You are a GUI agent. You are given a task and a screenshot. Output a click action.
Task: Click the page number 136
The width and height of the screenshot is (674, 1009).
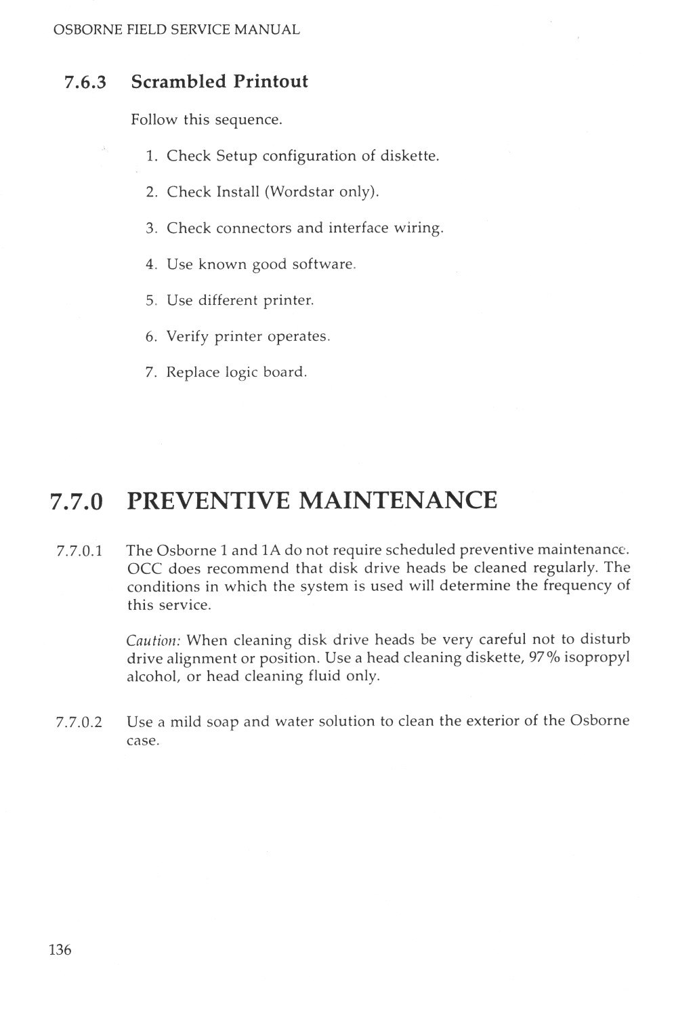click(60, 949)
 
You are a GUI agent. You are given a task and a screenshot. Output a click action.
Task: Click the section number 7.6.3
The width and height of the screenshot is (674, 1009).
click(85, 83)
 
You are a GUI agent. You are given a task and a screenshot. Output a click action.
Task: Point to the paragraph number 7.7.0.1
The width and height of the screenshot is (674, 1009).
click(79, 551)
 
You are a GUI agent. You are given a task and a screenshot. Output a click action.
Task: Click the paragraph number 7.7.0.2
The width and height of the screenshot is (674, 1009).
click(79, 722)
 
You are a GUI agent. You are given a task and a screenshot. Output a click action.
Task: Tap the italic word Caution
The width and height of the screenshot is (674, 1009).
click(154, 640)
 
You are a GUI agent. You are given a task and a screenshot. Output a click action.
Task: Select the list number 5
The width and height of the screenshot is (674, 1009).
click(150, 300)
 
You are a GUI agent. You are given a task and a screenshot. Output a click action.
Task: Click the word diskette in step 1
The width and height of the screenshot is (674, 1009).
click(409, 156)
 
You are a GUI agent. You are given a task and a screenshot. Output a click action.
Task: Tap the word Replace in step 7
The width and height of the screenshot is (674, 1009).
click(193, 373)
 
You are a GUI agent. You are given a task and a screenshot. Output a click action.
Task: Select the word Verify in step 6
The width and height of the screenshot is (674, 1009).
click(188, 337)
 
